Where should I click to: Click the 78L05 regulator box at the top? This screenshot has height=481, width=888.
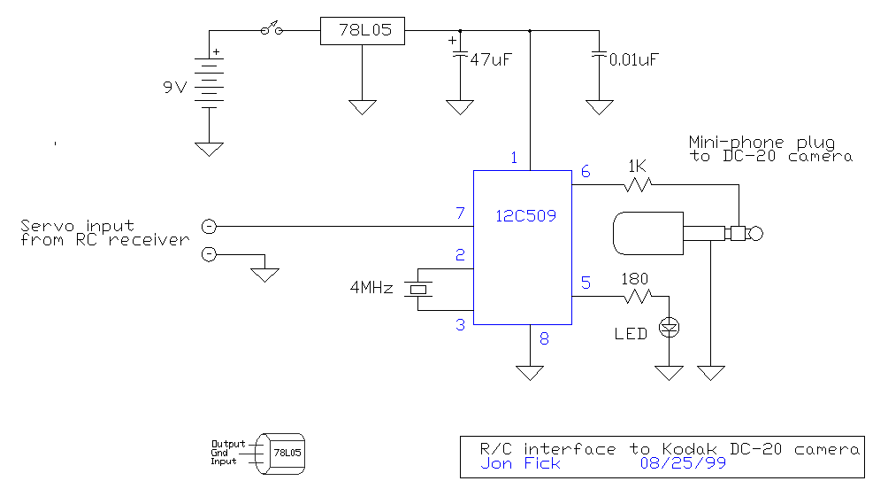point(363,31)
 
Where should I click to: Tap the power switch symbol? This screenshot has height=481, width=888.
point(272,28)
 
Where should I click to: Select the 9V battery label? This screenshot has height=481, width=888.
point(175,88)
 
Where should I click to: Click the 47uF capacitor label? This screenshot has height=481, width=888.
point(491,59)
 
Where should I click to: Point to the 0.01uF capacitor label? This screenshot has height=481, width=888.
point(634,59)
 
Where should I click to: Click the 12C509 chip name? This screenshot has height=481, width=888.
point(525,215)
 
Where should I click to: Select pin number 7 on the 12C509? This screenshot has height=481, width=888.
point(461,213)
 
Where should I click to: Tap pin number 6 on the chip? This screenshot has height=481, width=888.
point(586,171)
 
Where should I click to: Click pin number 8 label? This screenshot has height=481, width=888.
point(544,338)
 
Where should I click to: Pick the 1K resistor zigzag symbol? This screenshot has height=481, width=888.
point(639,184)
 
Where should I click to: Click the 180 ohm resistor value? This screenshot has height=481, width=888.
point(634,279)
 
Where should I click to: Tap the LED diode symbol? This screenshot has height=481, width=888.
point(669,327)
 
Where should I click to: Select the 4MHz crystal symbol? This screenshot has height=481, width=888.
point(418,290)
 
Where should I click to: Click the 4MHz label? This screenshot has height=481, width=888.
point(371,288)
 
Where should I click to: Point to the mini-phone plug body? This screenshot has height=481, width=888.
point(648,233)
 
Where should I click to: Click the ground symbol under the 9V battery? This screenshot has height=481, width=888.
point(209,149)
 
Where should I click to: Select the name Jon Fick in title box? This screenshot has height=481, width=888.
point(520,463)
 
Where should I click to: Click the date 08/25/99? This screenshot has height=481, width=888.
point(683,463)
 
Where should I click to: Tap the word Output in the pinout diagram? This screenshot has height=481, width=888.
point(228,444)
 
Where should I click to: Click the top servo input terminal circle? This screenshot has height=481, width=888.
point(209,226)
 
